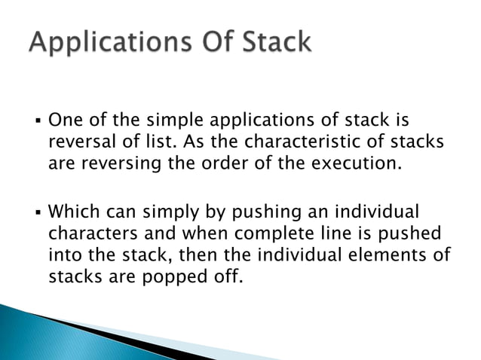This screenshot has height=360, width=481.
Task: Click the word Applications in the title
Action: point(98,43)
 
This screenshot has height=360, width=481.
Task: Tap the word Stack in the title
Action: point(270,43)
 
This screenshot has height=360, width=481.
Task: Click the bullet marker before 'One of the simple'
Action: point(38,121)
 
